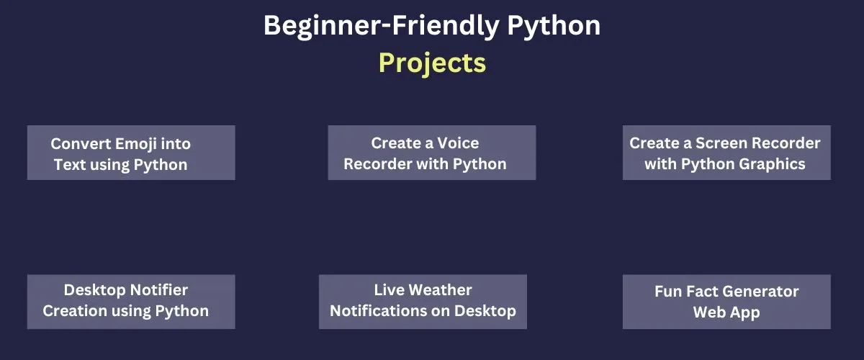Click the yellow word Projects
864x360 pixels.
(432, 63)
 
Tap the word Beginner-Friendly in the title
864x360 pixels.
(382, 26)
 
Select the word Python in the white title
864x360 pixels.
(554, 26)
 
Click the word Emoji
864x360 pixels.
(135, 145)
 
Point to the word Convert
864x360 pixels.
(81, 144)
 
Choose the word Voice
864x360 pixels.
(458, 143)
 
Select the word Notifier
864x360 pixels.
(158, 289)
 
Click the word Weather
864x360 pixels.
(440, 289)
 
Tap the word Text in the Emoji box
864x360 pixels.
(70, 165)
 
